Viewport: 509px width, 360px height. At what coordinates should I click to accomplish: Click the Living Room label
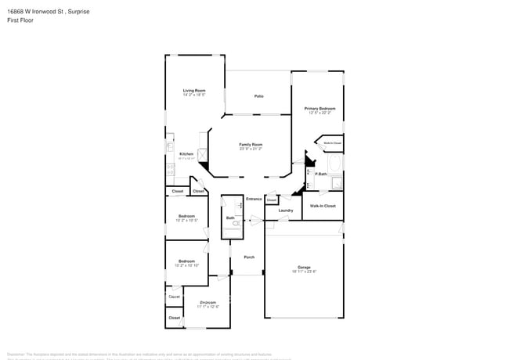click(x=194, y=90)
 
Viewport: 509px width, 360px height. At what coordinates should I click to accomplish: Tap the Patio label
click(x=258, y=96)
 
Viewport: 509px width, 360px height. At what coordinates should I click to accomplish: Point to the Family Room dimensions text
click(x=251, y=149)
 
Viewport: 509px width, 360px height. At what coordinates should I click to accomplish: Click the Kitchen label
click(x=186, y=153)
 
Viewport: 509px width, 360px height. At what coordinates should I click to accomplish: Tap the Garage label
click(x=304, y=267)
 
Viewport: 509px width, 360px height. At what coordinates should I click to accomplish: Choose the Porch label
click(x=249, y=257)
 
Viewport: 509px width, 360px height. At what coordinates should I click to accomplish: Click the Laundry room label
click(x=286, y=210)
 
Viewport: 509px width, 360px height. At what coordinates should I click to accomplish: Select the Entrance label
click(x=254, y=199)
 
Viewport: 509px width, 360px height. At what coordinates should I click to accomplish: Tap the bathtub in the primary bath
click(x=337, y=164)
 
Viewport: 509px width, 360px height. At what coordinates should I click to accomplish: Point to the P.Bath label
click(x=321, y=174)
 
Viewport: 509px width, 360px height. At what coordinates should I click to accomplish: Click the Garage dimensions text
click(x=304, y=272)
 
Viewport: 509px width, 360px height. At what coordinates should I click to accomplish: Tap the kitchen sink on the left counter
click(x=168, y=147)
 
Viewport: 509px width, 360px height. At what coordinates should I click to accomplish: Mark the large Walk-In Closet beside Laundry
click(x=323, y=206)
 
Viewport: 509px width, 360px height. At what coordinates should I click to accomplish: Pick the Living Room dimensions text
click(x=194, y=95)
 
